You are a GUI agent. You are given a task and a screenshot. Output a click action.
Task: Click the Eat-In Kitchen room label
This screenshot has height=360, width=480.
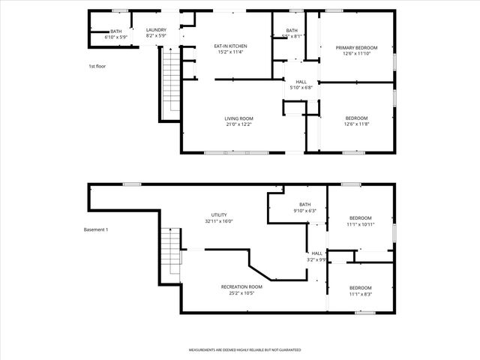point(232,46)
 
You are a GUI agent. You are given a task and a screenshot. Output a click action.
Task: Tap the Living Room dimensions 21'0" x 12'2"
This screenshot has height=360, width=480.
point(239,124)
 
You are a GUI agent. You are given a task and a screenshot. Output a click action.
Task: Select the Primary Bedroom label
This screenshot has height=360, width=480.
point(356,47)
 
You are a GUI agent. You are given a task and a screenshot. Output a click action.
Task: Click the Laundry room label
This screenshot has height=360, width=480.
point(156,30)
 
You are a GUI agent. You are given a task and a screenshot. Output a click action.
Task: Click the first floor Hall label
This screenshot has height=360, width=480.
point(301,82)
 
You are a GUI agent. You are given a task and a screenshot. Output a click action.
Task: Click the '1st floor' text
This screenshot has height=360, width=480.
point(97,66)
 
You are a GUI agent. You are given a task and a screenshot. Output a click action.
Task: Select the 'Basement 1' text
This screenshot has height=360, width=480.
point(96,229)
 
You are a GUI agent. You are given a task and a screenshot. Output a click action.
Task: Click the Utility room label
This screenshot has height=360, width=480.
point(219,215)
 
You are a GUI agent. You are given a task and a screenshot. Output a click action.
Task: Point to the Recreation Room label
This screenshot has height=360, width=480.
point(241,287)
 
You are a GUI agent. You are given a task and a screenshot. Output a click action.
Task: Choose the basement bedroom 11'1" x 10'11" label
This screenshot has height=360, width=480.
point(360,220)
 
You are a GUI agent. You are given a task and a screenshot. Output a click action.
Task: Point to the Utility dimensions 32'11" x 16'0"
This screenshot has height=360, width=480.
point(219,221)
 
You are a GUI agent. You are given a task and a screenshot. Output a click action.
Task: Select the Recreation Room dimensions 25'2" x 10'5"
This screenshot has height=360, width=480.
point(241,293)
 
